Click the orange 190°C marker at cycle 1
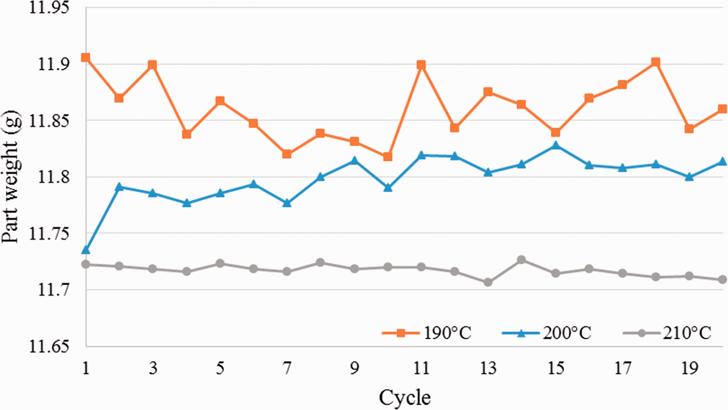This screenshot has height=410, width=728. click(86, 57)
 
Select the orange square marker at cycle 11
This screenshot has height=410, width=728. click(421, 65)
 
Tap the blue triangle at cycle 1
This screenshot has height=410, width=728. click(86, 250)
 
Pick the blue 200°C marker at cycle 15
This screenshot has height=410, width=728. click(556, 145)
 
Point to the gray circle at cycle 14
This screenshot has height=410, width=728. click(521, 260)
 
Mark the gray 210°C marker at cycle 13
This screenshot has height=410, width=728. click(488, 282)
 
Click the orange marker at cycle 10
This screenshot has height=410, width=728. click(388, 156)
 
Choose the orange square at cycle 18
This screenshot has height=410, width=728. click(656, 62)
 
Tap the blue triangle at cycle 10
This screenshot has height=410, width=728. click(388, 188)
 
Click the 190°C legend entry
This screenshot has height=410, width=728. click(427, 333)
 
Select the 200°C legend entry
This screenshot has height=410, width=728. click(547, 333)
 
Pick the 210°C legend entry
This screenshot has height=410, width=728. click(667, 333)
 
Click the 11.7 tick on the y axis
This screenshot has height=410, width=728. click(54, 290)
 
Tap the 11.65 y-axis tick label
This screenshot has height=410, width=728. click(49, 347)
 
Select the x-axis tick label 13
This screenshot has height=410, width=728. click(488, 368)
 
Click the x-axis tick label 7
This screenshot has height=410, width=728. click(287, 368)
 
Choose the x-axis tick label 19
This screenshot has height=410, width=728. click(689, 368)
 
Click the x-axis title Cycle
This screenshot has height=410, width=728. click(405, 398)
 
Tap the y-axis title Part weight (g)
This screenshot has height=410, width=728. click(11, 176)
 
